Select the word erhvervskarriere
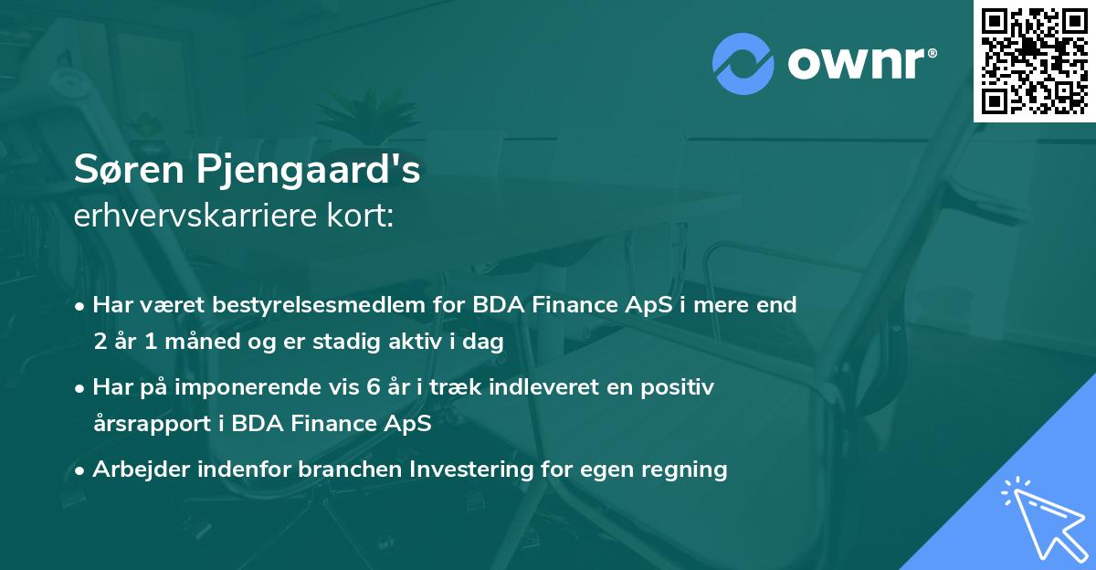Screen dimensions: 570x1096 (191, 216)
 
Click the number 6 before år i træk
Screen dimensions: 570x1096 (373, 387)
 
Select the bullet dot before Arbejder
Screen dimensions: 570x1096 (81, 470)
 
